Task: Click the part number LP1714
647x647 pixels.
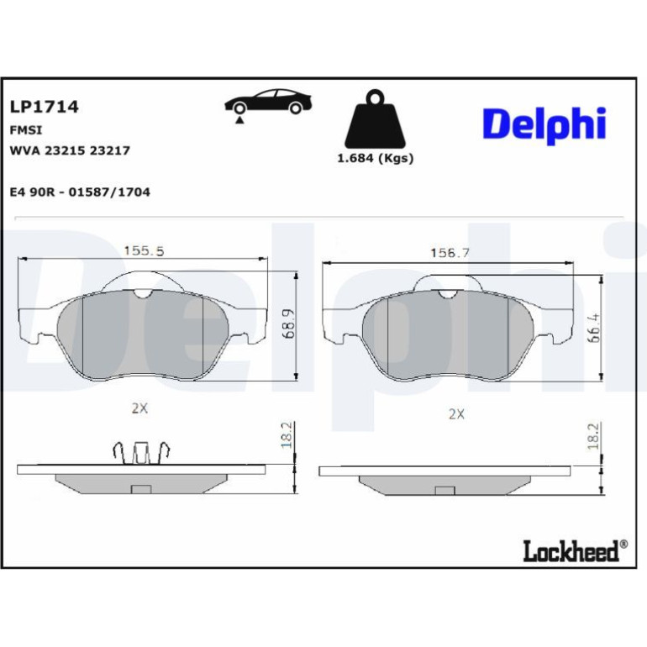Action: (45, 107)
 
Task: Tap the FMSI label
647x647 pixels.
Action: (25, 130)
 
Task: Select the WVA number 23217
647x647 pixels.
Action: (110, 150)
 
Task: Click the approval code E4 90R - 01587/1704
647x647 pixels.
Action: (80, 192)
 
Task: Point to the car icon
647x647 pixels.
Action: (268, 105)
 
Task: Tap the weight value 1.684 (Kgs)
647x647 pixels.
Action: (376, 158)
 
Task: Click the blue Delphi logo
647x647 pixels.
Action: (544, 124)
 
